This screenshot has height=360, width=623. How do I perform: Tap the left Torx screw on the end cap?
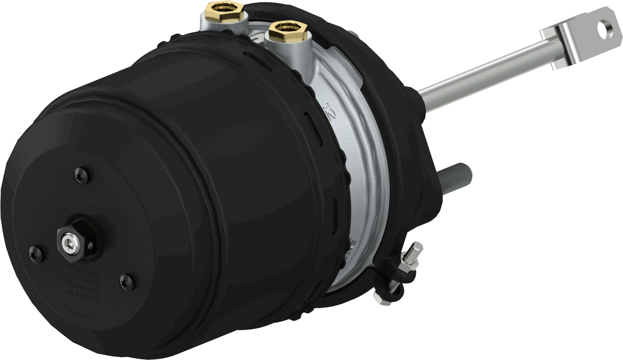coord(36,253)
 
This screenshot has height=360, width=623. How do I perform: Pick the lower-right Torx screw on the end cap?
coord(127,280)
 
